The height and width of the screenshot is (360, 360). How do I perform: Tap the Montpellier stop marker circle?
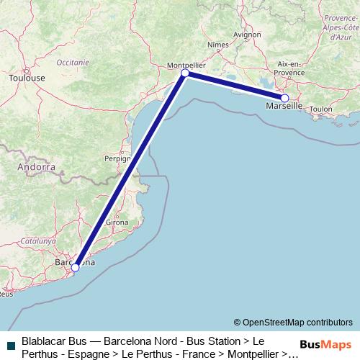185,73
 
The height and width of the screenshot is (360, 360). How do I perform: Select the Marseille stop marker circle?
284,98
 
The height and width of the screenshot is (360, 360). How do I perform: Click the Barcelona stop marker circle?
76,268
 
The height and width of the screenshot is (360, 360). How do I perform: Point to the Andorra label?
37,166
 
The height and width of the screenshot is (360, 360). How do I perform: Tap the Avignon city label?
247,34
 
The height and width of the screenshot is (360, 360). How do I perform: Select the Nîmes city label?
217,45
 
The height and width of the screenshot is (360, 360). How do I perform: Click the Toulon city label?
322,109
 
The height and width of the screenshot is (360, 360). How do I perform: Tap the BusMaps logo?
325,344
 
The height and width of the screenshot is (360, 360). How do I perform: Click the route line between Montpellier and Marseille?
235,86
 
